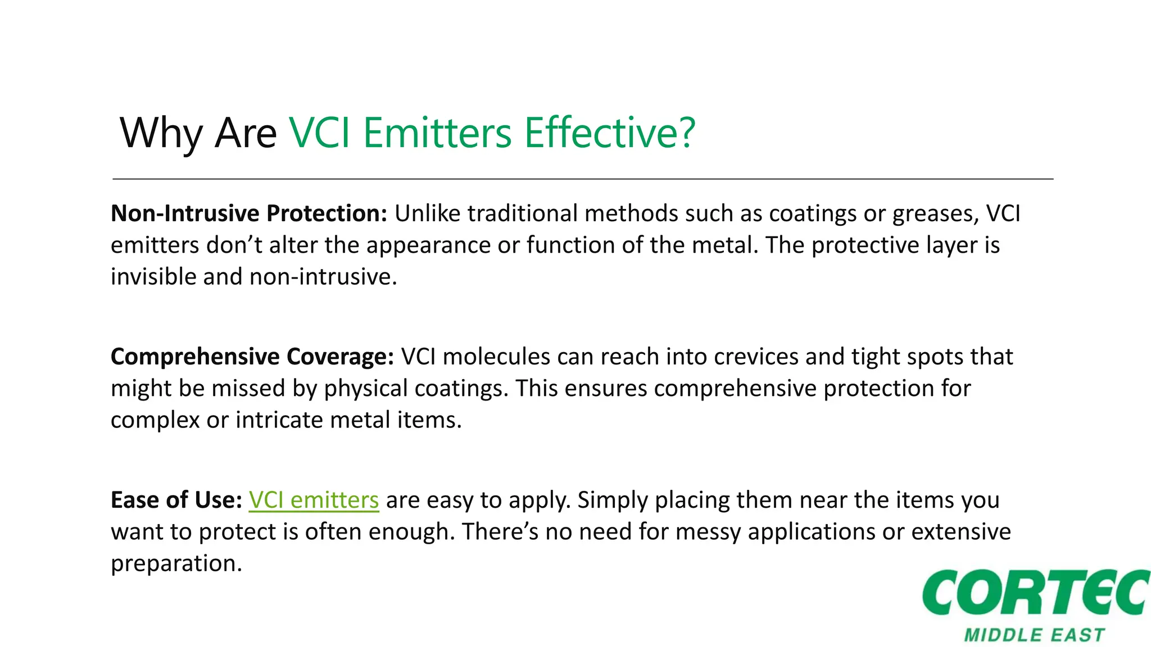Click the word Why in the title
(161, 134)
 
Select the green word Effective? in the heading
(610, 134)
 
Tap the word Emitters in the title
(437, 134)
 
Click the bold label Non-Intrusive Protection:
(249, 213)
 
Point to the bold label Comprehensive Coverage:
(252, 357)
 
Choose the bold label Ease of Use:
(176, 500)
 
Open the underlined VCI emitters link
(314, 500)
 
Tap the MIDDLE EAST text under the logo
(1035, 635)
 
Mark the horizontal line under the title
(582, 179)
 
